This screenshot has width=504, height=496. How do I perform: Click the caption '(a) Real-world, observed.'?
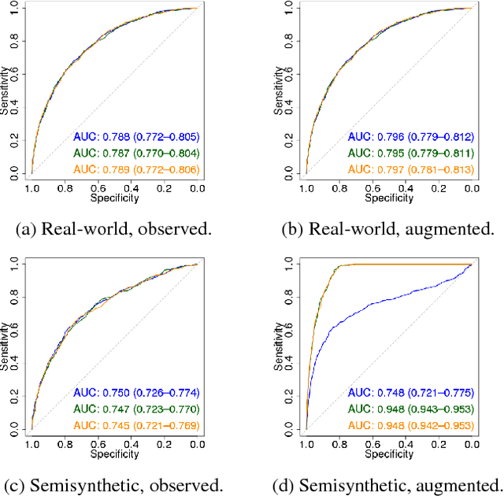coord(113,229)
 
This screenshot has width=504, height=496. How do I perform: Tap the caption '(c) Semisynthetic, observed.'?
coord(113,483)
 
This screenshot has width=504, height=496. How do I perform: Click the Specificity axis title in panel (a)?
coord(114,198)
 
